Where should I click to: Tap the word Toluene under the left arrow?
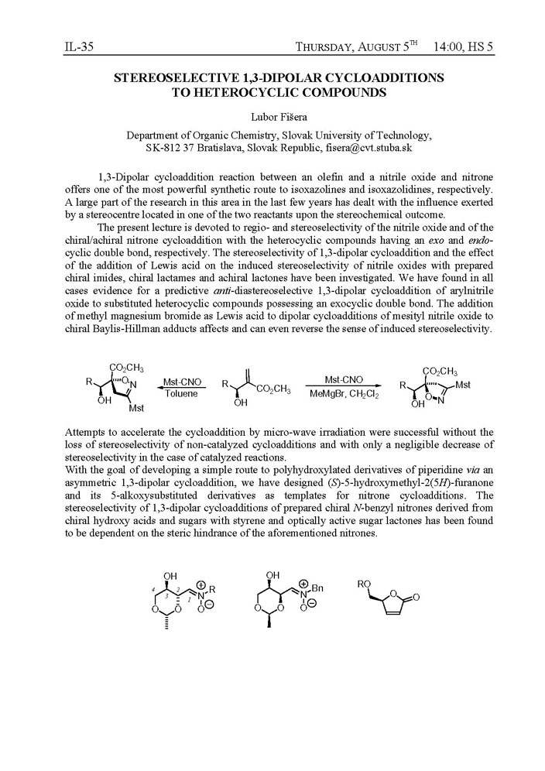(180, 394)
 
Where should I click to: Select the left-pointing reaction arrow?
(180, 387)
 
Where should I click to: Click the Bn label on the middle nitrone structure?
(317, 589)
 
